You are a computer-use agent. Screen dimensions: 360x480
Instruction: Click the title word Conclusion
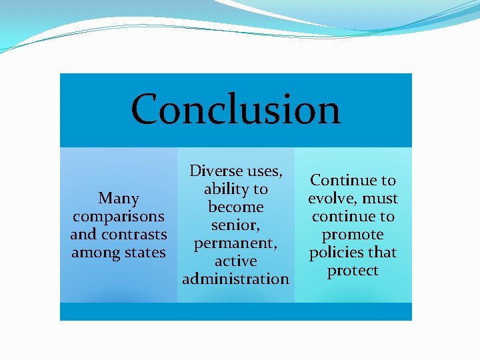pyautogui.click(x=235, y=109)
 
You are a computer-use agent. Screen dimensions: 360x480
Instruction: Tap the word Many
pyautogui.click(x=119, y=199)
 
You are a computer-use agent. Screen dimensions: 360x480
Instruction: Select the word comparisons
pyautogui.click(x=119, y=217)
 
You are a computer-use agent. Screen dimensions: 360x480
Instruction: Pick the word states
pyautogui.click(x=144, y=253)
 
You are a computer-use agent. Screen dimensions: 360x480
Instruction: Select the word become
pyautogui.click(x=235, y=207)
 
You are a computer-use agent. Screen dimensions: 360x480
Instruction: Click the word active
pyautogui.click(x=235, y=261)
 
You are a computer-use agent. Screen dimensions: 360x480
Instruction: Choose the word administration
pyautogui.click(x=235, y=279)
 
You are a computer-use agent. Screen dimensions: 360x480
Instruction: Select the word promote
pyautogui.click(x=353, y=235)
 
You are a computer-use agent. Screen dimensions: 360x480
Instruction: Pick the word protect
pyautogui.click(x=353, y=271)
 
